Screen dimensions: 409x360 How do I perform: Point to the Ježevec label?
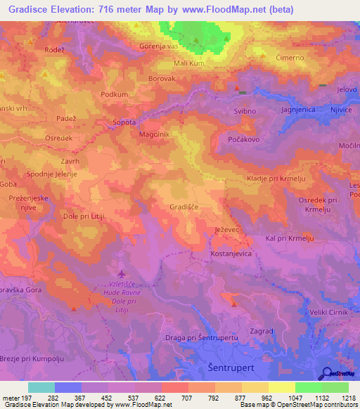228,231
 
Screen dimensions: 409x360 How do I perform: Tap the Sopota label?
124,122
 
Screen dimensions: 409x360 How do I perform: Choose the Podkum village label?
115,94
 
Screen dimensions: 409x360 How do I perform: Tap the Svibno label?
245,111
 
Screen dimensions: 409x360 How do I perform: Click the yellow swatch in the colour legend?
281,387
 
